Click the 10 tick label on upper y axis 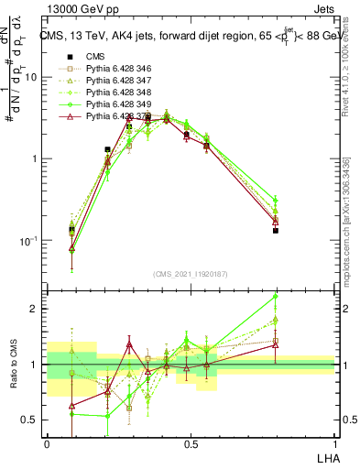31,77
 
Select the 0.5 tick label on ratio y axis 31,420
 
